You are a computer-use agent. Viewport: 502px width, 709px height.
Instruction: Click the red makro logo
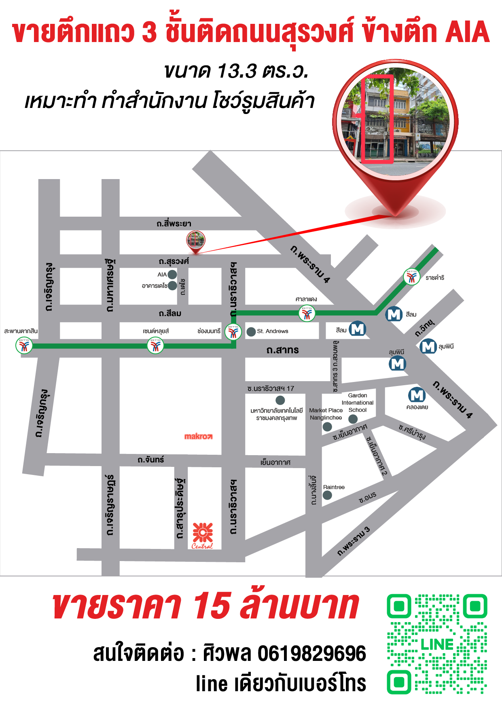(198, 436)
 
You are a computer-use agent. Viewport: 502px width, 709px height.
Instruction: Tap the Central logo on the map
(203, 535)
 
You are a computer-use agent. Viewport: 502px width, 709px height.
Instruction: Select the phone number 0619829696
(311, 654)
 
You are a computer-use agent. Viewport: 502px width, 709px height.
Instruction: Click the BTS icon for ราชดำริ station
(411, 277)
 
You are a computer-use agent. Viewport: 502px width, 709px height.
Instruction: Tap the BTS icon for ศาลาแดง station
(307, 313)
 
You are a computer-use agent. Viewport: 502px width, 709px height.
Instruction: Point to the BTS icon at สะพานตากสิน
(24, 346)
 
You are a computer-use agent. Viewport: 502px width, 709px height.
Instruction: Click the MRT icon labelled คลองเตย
(417, 395)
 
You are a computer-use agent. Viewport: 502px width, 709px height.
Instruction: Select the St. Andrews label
(273, 331)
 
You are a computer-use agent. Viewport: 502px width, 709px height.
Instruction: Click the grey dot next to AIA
(172, 274)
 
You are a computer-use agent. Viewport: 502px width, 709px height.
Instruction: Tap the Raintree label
(334, 487)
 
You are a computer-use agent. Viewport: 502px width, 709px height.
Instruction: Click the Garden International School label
(358, 403)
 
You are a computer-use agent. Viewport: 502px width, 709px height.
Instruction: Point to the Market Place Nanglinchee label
(326, 414)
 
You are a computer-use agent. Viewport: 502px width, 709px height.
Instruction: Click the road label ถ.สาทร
(282, 350)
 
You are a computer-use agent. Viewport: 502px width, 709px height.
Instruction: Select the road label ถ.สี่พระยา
(174, 224)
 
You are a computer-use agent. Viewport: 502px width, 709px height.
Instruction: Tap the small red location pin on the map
(195, 242)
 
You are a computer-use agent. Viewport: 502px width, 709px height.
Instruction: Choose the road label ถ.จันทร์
(150, 460)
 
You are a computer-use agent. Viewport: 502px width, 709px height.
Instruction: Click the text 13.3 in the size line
(237, 71)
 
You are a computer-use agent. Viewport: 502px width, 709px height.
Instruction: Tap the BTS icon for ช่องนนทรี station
(233, 332)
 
